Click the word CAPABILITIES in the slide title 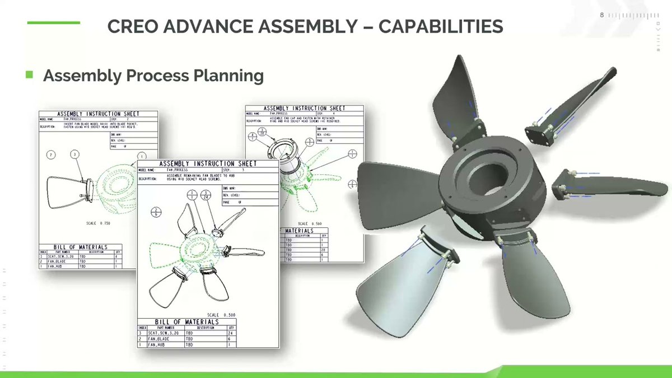(441, 26)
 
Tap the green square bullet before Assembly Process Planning (30, 74)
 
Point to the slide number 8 (602, 15)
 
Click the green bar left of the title (53, 22)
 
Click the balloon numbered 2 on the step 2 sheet (51, 155)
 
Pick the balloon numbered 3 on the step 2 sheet (75, 154)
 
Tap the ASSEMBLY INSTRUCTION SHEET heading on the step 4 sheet (304, 108)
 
